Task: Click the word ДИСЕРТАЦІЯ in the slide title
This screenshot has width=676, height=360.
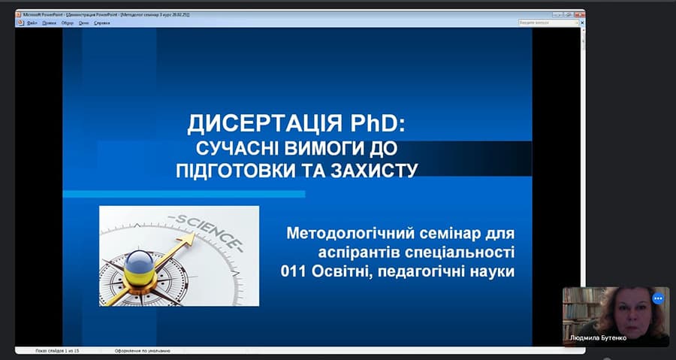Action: tap(243, 123)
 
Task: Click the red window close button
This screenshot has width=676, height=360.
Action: tap(581, 14)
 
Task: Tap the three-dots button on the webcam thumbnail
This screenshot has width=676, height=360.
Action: tap(659, 298)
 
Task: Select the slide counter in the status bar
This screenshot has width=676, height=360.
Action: tap(57, 350)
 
